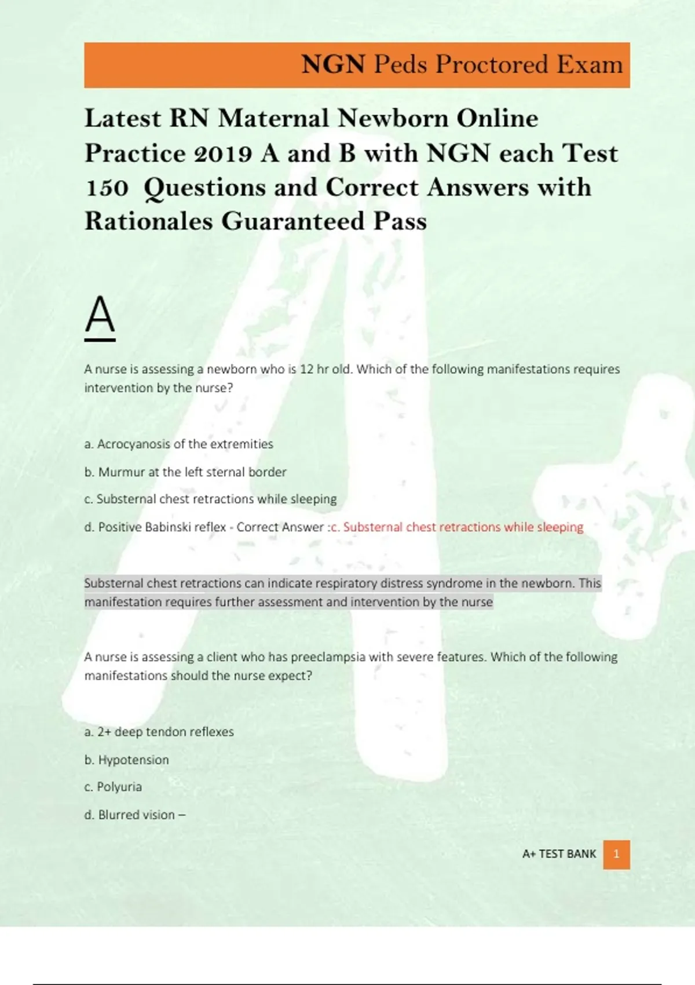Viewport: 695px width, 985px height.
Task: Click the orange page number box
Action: [x=616, y=854]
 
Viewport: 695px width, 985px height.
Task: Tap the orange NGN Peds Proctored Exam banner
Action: [x=357, y=65]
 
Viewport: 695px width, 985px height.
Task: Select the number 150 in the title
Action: [x=107, y=188]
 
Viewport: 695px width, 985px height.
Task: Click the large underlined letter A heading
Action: [x=100, y=316]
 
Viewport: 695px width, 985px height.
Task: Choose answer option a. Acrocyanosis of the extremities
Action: [x=178, y=444]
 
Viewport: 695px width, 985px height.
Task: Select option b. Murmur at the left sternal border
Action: [x=185, y=472]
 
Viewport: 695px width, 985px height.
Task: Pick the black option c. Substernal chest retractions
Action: [x=210, y=499]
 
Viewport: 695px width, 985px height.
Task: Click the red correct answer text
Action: [x=457, y=527]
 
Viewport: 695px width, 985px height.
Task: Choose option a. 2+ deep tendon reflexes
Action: [x=159, y=732]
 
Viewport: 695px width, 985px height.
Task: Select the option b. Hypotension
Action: [x=127, y=760]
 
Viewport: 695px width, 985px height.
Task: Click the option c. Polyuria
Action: [x=113, y=787]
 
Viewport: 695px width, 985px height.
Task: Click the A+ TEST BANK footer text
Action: [x=559, y=854]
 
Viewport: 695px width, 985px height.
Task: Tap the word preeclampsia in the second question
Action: [x=328, y=657]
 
